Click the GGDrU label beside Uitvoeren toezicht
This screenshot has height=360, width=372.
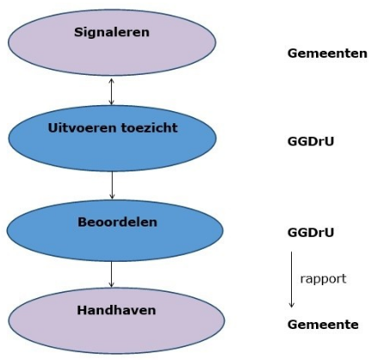click(310, 140)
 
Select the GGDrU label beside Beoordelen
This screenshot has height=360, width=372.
click(310, 233)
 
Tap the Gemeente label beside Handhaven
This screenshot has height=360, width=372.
click(323, 325)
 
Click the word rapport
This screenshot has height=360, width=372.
click(323, 279)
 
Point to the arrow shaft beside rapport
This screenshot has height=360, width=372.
click(292, 276)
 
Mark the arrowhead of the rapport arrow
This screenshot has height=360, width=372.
click(292, 304)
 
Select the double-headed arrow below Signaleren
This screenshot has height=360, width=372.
click(110, 90)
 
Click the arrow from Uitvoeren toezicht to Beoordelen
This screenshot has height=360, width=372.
click(112, 183)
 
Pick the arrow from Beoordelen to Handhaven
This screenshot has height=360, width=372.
click(112, 274)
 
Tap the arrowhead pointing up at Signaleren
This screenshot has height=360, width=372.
click(110, 78)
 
